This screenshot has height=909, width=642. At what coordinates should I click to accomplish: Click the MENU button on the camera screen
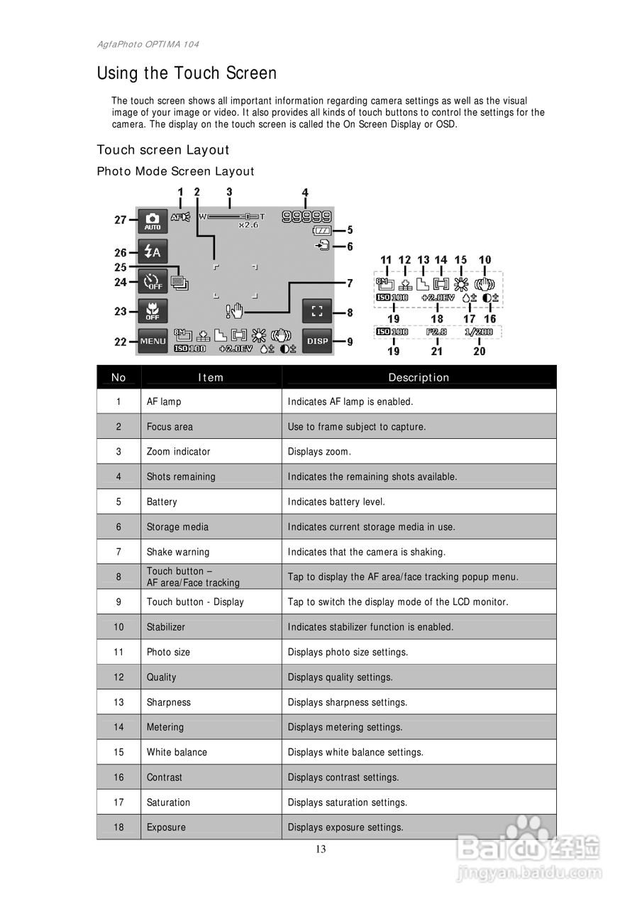pos(153,342)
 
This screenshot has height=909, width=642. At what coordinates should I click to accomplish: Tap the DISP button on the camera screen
pos(317,342)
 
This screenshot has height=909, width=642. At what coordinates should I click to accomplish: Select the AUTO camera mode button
pos(153,222)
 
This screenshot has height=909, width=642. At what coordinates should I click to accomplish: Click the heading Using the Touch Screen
pos(187,73)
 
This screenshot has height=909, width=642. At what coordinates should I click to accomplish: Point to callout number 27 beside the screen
pos(121,220)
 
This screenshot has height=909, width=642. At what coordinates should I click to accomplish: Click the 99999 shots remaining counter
pos(306,216)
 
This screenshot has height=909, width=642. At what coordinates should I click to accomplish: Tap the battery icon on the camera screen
pos(321,231)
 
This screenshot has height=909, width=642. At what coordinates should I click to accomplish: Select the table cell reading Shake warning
pos(178,552)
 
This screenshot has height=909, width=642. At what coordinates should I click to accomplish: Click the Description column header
pos(419,377)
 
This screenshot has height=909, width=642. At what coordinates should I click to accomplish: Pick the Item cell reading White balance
pos(177,752)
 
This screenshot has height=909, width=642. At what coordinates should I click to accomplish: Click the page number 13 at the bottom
pos(321,849)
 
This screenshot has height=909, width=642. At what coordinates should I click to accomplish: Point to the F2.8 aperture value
pos(436,332)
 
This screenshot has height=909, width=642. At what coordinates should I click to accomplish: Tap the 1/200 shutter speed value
pos(479,332)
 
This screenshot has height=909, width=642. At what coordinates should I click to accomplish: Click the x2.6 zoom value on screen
pos(250,224)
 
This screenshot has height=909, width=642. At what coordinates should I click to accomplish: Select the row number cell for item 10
pos(118,627)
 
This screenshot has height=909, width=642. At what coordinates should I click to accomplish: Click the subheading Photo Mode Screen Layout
pos(175,171)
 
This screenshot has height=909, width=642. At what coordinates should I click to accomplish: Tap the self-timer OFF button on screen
pos(153,282)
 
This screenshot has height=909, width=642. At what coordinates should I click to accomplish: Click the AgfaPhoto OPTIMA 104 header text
pos(148,44)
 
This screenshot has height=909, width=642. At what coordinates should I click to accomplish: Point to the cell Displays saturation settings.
pos(347,802)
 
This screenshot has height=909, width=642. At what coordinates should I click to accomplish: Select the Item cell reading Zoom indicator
pos(178,452)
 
